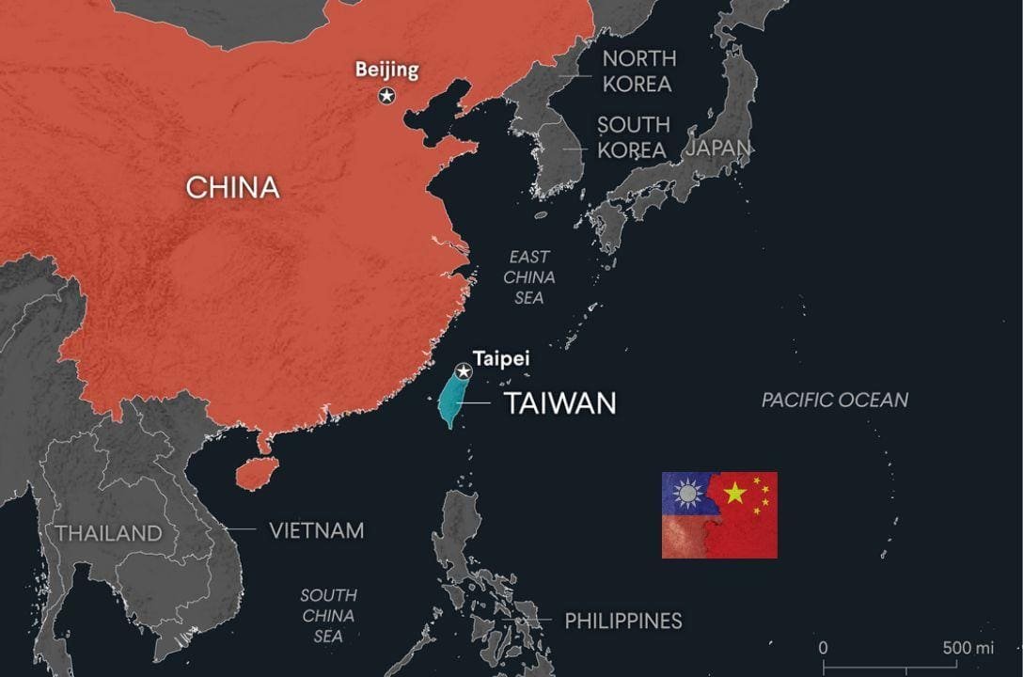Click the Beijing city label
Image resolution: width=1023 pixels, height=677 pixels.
pyautogui.click(x=386, y=69)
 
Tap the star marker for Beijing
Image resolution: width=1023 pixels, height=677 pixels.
pyautogui.click(x=386, y=95)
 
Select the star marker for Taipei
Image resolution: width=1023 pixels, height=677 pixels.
pyautogui.click(x=463, y=371)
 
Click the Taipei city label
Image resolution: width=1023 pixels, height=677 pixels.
pyautogui.click(x=500, y=358)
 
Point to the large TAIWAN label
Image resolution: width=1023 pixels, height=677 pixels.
pyautogui.click(x=560, y=404)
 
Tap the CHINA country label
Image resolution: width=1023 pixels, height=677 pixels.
pyautogui.click(x=232, y=187)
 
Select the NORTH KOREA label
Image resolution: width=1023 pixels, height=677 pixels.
pyautogui.click(x=637, y=71)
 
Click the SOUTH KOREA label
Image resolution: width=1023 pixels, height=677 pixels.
pyautogui.click(x=634, y=137)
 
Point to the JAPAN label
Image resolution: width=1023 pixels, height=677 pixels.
pyautogui.click(x=719, y=148)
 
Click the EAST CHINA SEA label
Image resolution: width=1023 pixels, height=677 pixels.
pyautogui.click(x=529, y=277)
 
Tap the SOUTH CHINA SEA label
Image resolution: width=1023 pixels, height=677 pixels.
pyautogui.click(x=328, y=616)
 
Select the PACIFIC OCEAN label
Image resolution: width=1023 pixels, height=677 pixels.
pyautogui.click(x=835, y=400)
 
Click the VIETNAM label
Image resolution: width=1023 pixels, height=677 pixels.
pyautogui.click(x=316, y=530)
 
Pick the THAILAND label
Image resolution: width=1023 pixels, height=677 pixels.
pyautogui.click(x=108, y=533)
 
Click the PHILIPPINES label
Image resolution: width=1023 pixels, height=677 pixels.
pyautogui.click(x=623, y=621)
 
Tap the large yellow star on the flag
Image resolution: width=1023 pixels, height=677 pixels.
pyautogui.click(x=734, y=493)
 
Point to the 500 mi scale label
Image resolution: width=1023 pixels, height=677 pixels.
pyautogui.click(x=969, y=648)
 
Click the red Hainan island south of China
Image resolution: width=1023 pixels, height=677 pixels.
pyautogui.click(x=253, y=473)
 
